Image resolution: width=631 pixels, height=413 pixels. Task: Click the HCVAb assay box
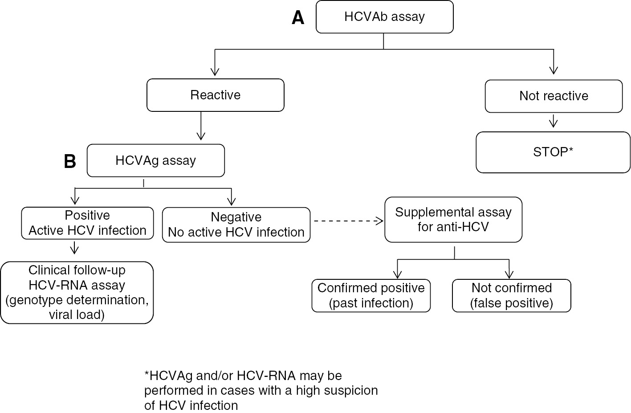pos(384,17)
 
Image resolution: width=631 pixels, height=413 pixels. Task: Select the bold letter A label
pos(298,18)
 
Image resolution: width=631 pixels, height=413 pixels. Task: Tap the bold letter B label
pos(70,161)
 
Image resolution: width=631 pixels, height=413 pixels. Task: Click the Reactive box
pos(215,95)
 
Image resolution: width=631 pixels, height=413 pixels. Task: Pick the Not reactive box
pos(554,96)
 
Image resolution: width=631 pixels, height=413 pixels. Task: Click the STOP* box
pos(553,152)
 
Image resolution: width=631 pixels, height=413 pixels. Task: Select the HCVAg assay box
pos(155,160)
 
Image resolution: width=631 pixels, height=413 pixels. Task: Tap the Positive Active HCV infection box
pos(87,223)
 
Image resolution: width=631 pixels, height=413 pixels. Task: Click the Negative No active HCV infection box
pos(236,225)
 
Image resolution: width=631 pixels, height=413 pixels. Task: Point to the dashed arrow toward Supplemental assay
pos(347,221)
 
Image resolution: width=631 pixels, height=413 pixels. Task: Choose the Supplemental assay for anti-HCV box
pos(453,220)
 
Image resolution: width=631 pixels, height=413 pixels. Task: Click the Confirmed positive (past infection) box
pos(371,295)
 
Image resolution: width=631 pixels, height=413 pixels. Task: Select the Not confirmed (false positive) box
pos(511,295)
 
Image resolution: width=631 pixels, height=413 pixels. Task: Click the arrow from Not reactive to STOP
pos(553,121)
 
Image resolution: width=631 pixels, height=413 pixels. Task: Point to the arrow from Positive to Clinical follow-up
pos(75,249)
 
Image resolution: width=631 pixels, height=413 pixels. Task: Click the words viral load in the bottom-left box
pos(77,315)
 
